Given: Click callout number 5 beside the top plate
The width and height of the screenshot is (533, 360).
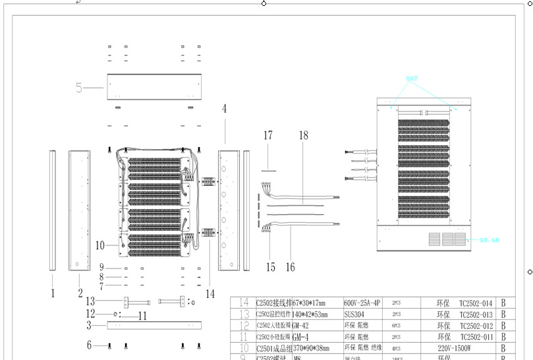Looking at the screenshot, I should click(x=80, y=87).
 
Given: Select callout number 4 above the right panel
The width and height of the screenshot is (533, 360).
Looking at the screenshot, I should click(x=224, y=109).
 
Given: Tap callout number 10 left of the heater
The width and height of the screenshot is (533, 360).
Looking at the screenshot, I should click(x=99, y=245).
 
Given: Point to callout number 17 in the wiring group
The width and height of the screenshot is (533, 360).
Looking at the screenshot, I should click(x=268, y=136).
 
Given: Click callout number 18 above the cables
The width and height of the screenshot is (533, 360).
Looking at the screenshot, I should click(x=303, y=135).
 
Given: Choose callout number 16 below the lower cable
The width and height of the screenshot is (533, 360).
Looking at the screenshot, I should click(x=291, y=267).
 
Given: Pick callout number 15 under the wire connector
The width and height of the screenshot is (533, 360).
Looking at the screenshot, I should click(x=270, y=267).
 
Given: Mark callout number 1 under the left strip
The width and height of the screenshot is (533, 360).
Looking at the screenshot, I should click(x=53, y=293).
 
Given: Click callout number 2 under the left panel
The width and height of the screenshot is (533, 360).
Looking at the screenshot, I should click(x=80, y=293).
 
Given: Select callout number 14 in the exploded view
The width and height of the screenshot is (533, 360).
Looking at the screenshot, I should click(x=210, y=293).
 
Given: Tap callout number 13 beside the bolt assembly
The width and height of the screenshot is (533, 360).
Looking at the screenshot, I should click(x=91, y=301).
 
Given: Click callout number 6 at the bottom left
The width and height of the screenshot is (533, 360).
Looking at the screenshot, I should click(x=89, y=344).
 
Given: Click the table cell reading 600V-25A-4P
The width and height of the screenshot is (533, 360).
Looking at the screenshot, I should click(x=362, y=303).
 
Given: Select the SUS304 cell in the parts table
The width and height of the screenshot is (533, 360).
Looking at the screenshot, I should click(x=354, y=314).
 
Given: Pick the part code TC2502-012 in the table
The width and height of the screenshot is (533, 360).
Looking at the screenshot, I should click(x=476, y=325).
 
